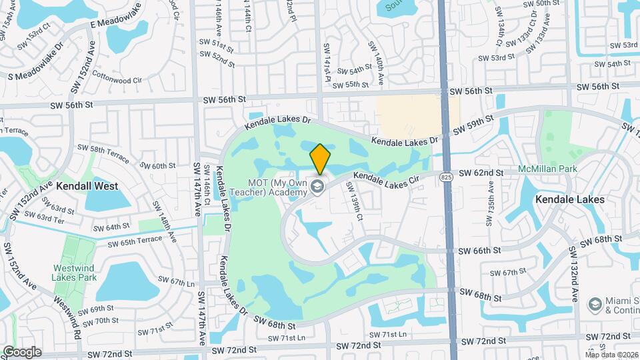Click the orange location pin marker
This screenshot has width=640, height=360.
pyautogui.click(x=320, y=159)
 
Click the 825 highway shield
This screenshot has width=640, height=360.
pyautogui.click(x=447, y=177)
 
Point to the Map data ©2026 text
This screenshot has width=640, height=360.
pyautogui.click(x=611, y=355)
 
